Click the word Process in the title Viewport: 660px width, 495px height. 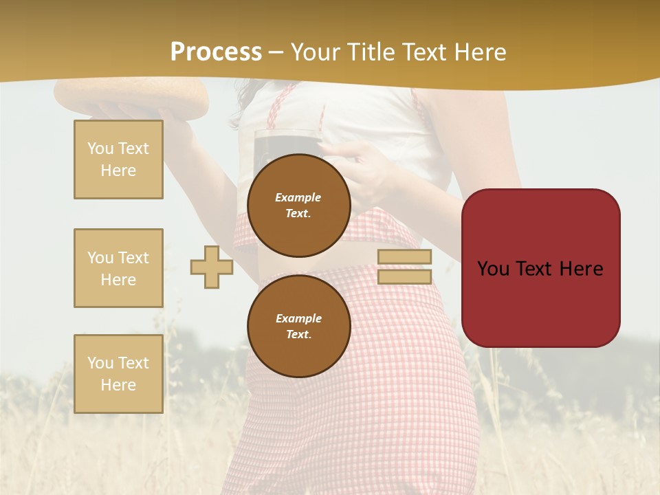coord(216,52)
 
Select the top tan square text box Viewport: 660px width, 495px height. coord(118,159)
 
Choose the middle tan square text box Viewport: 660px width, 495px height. coord(118,268)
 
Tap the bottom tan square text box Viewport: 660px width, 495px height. coord(118,374)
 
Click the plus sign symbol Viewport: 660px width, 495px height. coord(212,267)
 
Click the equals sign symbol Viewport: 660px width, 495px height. coord(405,267)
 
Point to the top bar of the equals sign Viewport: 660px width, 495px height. coord(405,257)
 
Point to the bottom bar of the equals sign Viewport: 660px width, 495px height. coord(405,276)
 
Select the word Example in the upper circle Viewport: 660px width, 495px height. coord(298,197)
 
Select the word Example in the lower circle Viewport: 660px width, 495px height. coord(298,318)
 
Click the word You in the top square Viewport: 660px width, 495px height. coord(100,148)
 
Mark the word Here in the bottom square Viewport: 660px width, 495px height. coord(118,385)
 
